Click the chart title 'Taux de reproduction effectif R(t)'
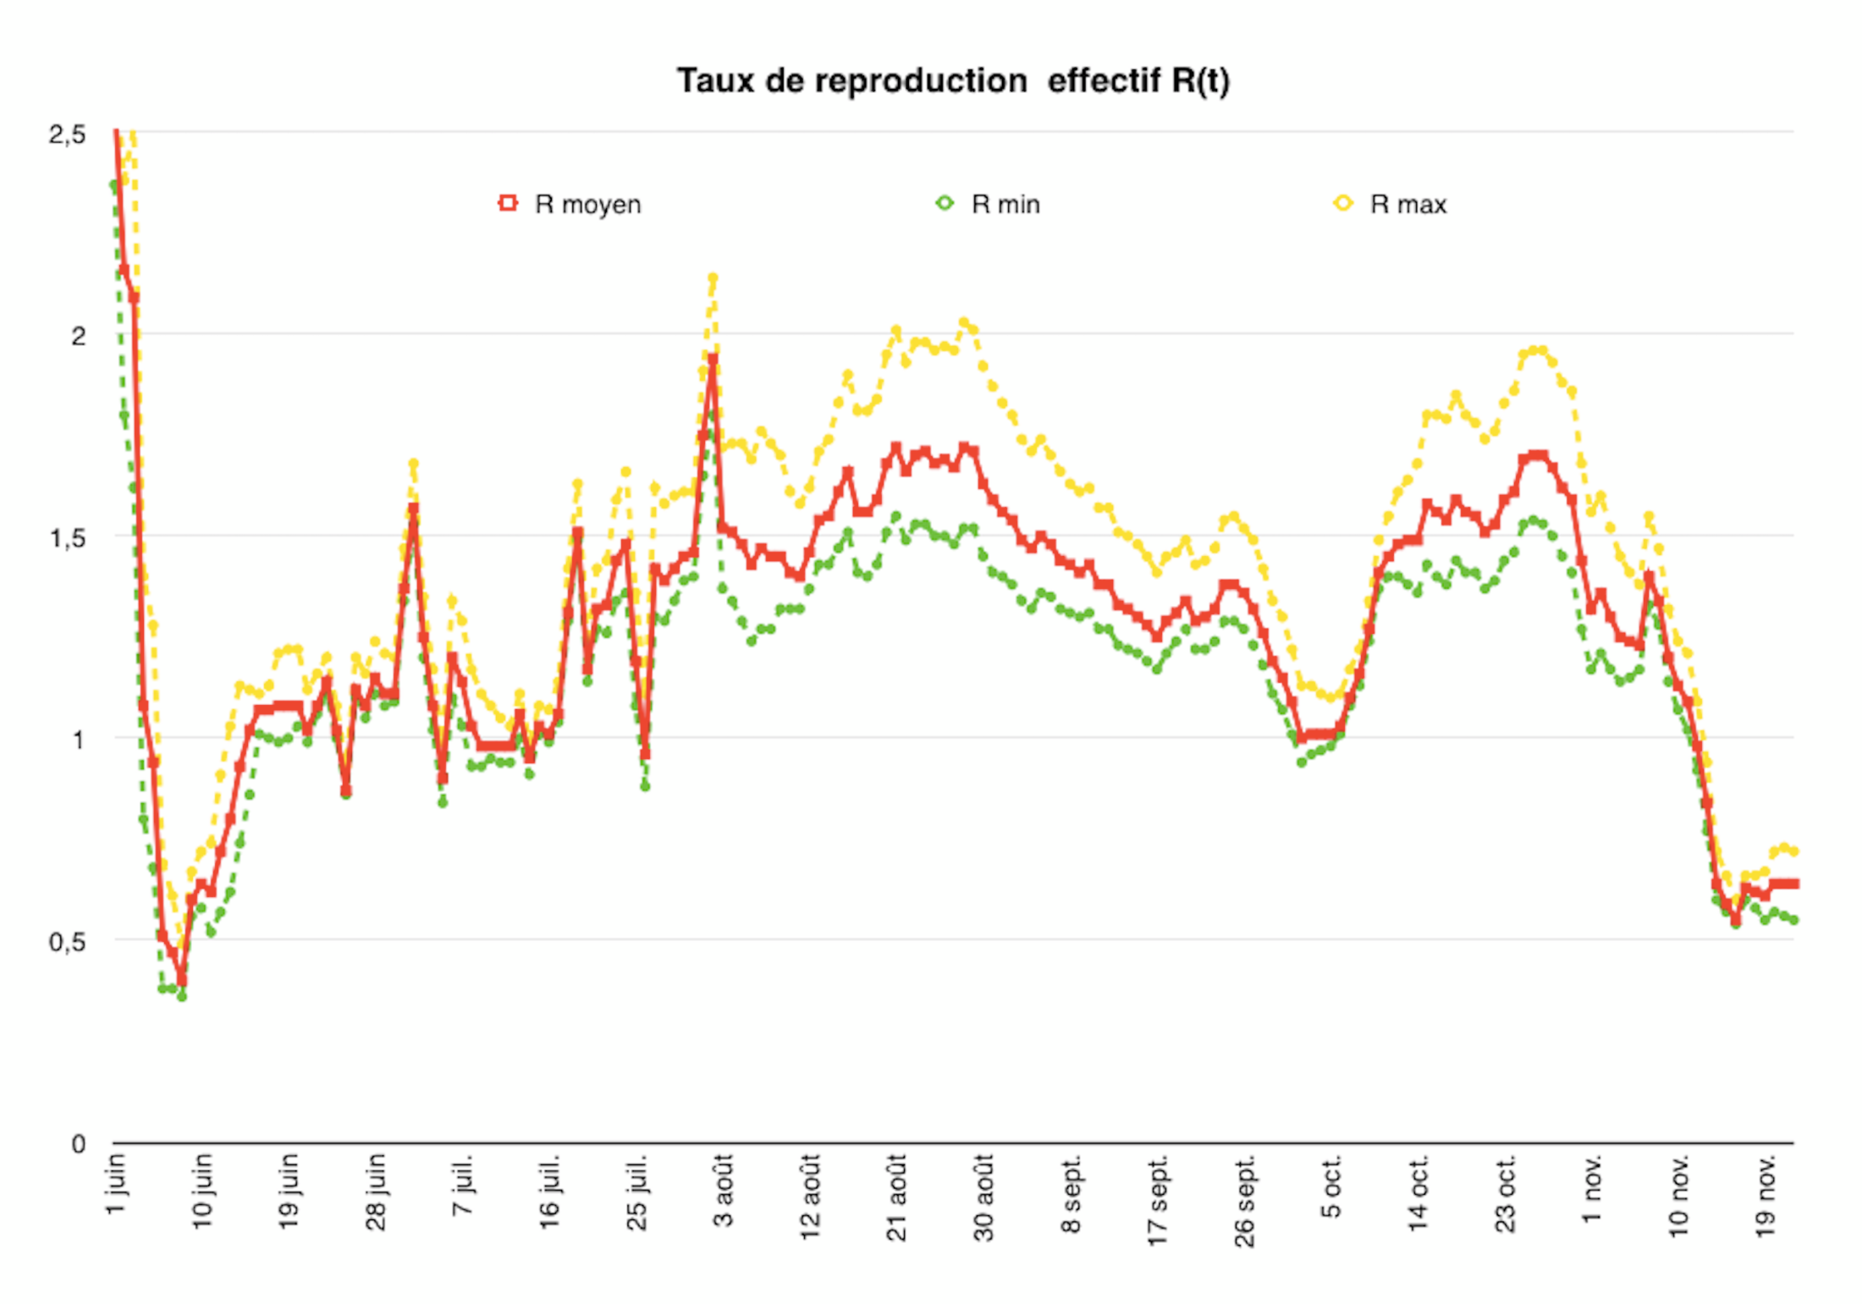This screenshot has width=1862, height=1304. [953, 81]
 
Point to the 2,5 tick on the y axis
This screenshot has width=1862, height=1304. [68, 134]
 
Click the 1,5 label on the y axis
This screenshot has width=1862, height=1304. [68, 538]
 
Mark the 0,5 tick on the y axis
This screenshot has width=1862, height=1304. [68, 942]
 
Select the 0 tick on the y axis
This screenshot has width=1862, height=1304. [78, 1144]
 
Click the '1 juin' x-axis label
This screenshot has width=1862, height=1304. [116, 1185]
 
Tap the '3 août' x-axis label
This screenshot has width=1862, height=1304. [724, 1190]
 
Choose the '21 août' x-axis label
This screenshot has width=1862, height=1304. [897, 1197]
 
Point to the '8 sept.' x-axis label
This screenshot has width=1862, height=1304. [1071, 1193]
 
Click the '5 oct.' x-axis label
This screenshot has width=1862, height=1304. [1331, 1186]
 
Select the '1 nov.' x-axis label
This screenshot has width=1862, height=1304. [1592, 1188]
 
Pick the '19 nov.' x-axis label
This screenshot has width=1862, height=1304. [1766, 1195]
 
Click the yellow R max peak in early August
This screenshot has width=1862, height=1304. [713, 278]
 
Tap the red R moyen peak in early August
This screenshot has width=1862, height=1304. [713, 359]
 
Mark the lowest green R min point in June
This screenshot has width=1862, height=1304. [181, 997]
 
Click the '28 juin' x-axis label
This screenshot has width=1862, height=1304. [377, 1191]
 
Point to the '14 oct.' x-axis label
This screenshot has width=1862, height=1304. [1419, 1193]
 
